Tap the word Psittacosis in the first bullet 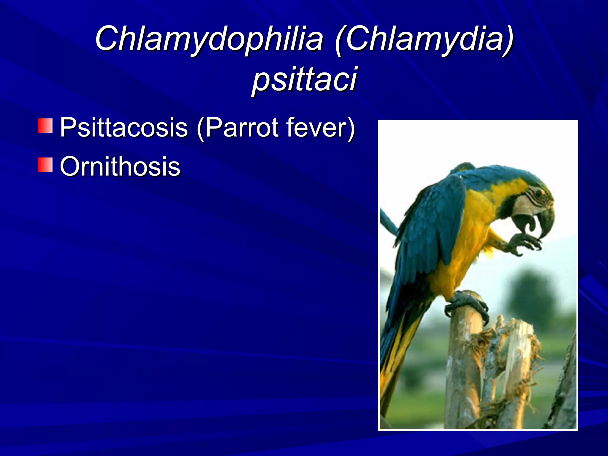click(x=124, y=127)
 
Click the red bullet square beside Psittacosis click(x=45, y=126)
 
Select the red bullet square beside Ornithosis click(x=45, y=165)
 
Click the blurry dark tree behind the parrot click(x=531, y=294)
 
